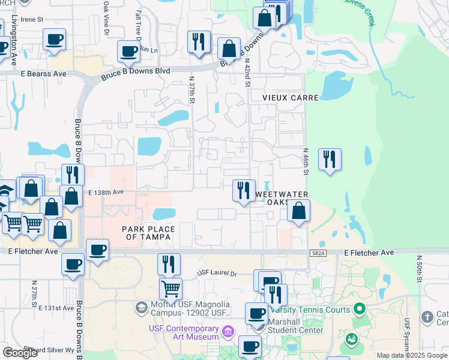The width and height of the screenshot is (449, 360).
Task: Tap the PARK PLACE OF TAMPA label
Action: (148, 233)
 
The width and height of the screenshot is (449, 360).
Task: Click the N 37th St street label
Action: (192, 88)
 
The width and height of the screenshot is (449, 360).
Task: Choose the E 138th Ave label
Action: (106, 193)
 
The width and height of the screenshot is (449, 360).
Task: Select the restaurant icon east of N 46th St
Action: (330, 159)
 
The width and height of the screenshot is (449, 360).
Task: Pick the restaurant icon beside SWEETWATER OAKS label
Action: (244, 190)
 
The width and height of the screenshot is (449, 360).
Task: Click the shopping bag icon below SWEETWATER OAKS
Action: (299, 211)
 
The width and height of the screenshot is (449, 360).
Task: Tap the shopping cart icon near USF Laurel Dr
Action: (170, 289)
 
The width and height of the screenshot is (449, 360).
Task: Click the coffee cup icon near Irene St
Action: (54, 40)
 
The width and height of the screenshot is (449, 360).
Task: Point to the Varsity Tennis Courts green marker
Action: (360, 310)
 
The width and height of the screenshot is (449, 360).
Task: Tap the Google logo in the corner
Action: (20, 353)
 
